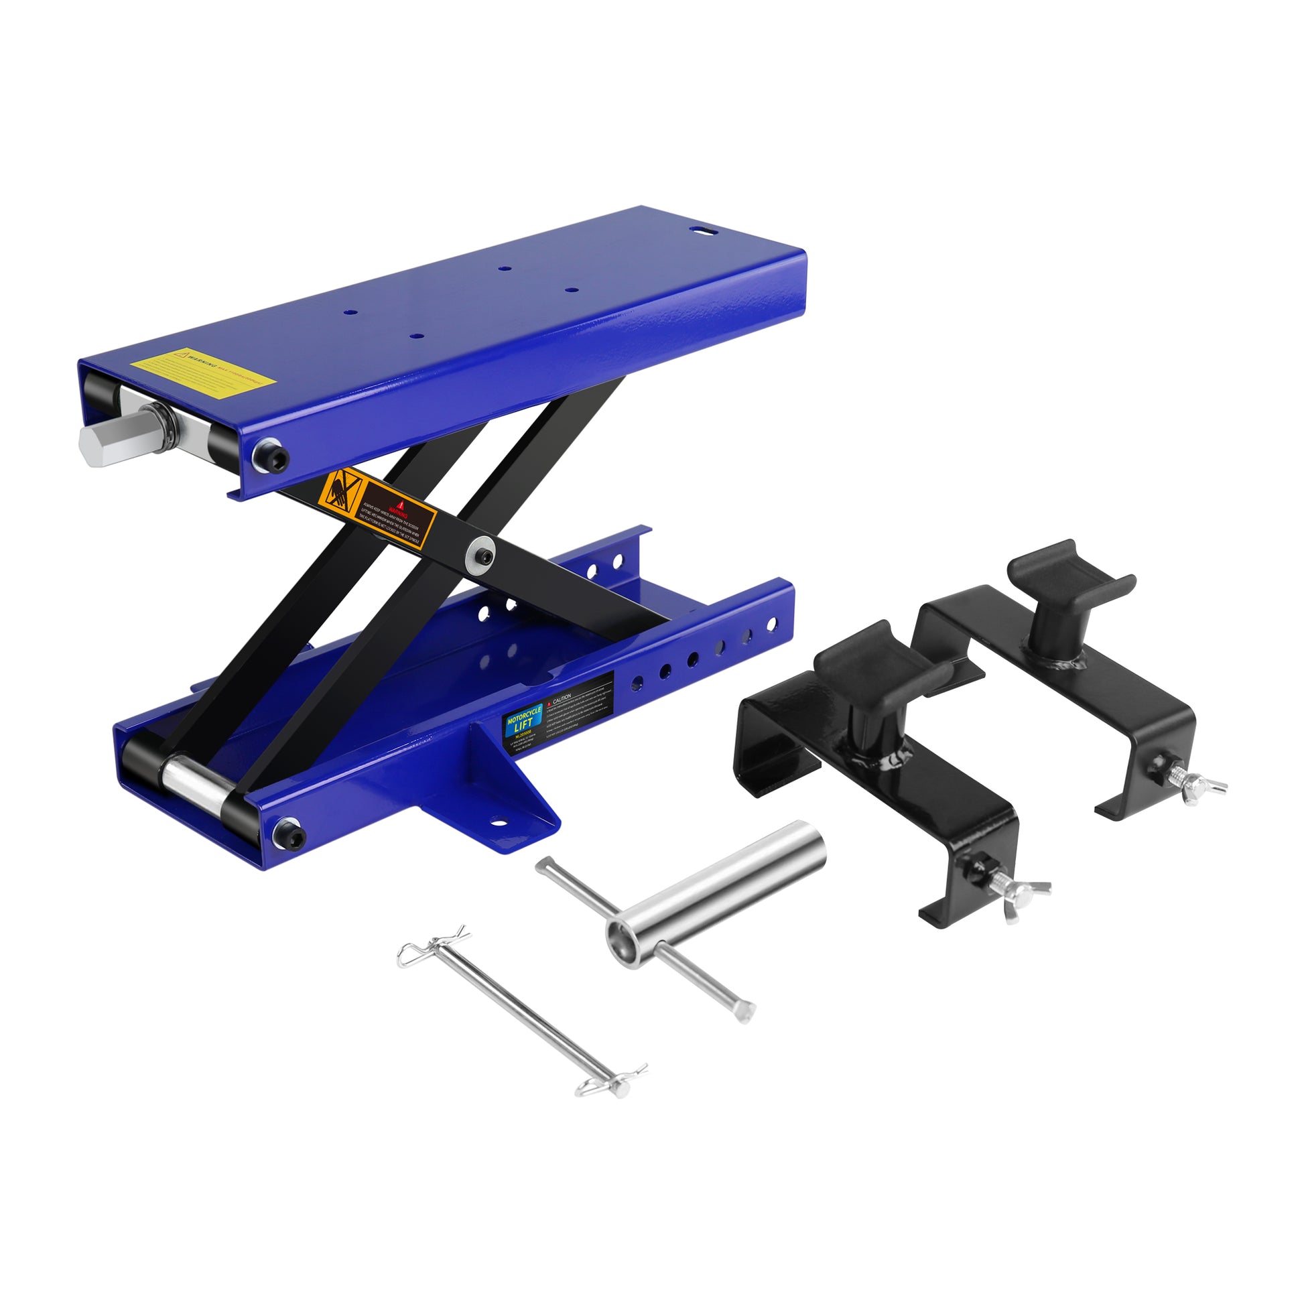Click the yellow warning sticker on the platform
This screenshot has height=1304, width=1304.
coord(202,368)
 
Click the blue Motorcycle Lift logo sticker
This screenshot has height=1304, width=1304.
coord(523,720)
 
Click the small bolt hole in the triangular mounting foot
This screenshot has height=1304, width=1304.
coord(499,824)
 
